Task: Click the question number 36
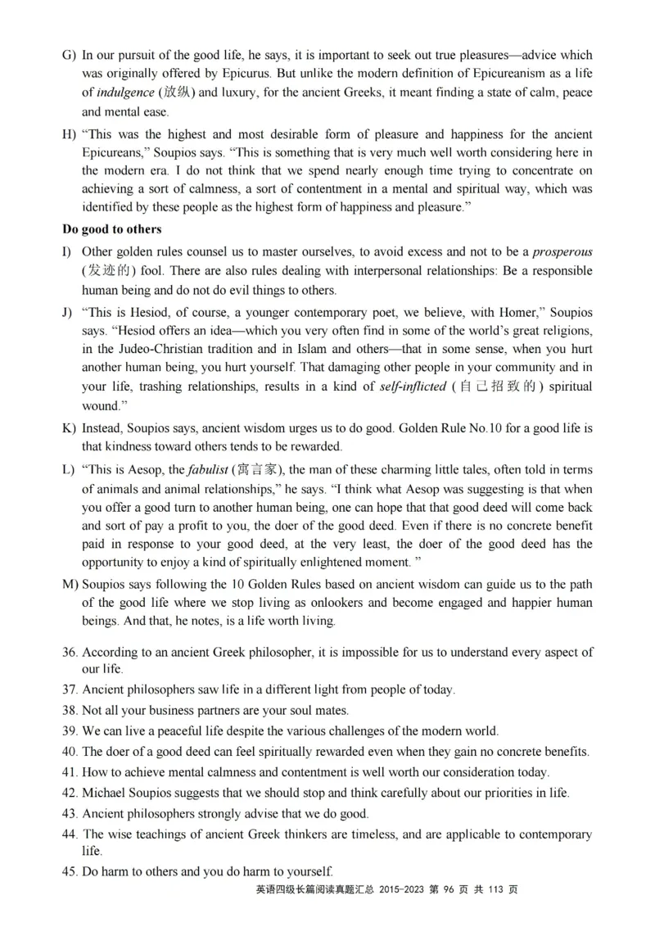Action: coord(70,653)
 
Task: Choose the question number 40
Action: coord(70,752)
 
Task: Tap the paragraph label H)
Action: coord(69,133)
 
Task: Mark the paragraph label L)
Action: coord(69,470)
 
